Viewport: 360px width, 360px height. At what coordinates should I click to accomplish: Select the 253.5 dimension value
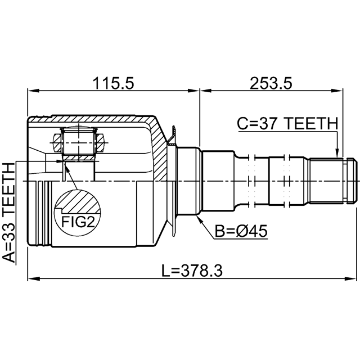271,83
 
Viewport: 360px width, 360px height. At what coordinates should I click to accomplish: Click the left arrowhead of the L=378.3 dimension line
31,278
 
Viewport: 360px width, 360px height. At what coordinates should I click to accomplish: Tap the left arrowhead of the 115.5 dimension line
31,90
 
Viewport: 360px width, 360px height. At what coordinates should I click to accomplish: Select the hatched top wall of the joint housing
90,120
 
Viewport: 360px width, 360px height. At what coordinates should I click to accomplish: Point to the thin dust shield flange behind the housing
175,180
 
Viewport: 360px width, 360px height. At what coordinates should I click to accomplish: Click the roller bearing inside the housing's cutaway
78,144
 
